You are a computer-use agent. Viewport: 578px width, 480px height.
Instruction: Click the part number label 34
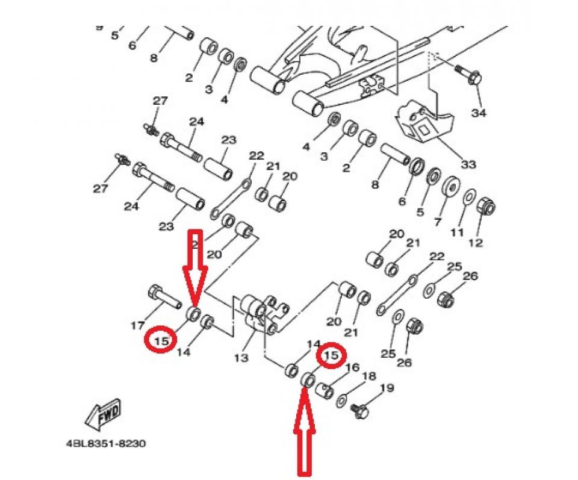pos(478,113)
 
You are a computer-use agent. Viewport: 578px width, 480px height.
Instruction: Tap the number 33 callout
pos(468,164)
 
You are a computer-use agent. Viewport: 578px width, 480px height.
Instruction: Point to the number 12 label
pos(476,243)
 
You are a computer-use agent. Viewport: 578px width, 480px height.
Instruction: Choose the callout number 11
pos(458,232)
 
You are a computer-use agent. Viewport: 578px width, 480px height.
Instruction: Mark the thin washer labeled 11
pos(470,196)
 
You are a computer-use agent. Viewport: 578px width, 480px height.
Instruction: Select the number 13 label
pos(241,358)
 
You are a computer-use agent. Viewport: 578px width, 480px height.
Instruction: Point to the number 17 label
pos(137,326)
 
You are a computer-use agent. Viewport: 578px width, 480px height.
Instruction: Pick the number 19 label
pos(387,388)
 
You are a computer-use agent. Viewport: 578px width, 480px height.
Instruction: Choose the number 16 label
pos(352,367)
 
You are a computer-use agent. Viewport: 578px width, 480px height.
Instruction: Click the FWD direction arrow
pos(104,414)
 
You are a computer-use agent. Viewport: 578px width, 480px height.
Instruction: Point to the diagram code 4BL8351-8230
pos(105,444)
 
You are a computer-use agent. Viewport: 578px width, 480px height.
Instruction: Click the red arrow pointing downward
pos(195,265)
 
